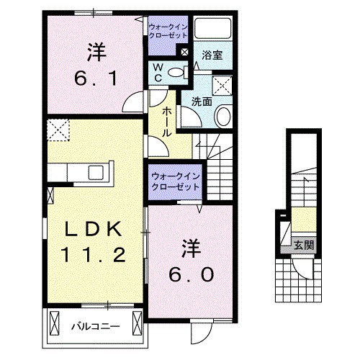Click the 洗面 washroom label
click(x=201, y=102)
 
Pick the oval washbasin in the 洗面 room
click(x=223, y=116)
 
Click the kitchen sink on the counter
click(x=96, y=172)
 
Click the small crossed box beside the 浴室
click(x=185, y=53)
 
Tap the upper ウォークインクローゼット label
click(x=168, y=31)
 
